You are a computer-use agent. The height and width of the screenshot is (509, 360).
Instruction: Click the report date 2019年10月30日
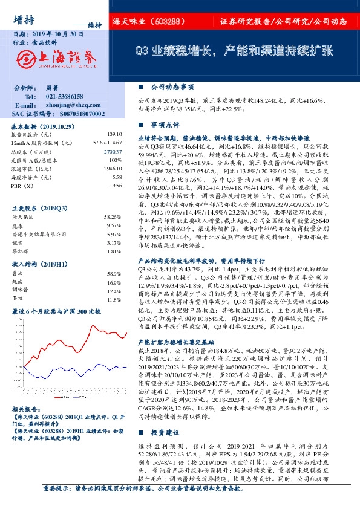pyautogui.click(x=56, y=35)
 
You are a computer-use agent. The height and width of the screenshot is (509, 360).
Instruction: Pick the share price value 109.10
pyautogui.click(x=114, y=134)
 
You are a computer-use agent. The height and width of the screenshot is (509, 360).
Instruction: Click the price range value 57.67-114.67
pyautogui.click(x=107, y=143)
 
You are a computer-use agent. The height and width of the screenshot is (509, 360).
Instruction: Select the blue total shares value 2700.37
pyautogui.click(x=113, y=151)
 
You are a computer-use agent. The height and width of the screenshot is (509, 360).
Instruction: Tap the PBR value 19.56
pyautogui.click(x=115, y=186)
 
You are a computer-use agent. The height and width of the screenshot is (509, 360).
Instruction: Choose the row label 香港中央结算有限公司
pyautogui.click(x=37, y=233)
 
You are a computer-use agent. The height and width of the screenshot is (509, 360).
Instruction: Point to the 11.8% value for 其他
pyautogui.click(x=114, y=299)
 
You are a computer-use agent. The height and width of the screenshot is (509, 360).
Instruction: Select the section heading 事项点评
pyautogui.click(x=165, y=124)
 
